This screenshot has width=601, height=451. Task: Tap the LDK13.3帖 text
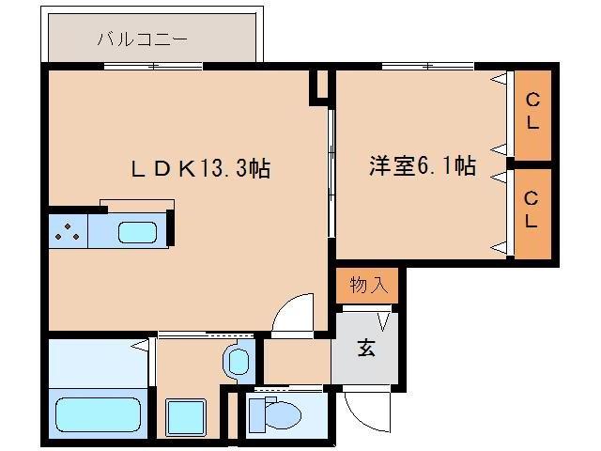[200, 169]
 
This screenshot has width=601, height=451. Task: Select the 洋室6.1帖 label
[421, 167]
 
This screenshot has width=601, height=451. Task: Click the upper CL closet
[532, 112]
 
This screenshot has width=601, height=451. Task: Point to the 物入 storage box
[367, 285]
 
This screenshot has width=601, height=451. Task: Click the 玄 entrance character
[365, 348]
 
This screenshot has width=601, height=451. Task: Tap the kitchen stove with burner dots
[67, 231]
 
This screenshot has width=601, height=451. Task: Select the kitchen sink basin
[138, 231]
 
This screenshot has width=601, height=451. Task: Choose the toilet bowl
[279, 413]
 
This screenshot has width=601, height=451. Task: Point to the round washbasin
[238, 359]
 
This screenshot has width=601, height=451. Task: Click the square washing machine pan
[185, 415]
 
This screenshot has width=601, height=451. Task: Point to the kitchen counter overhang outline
[136, 204]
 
